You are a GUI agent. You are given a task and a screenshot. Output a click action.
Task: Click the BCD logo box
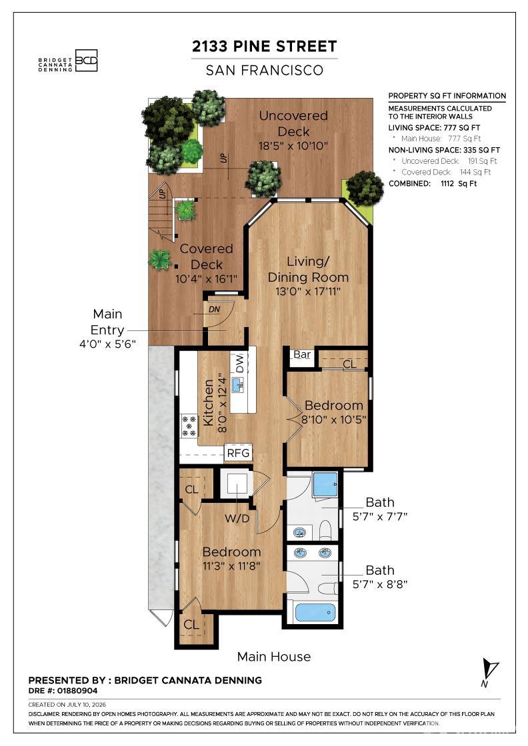(86, 61)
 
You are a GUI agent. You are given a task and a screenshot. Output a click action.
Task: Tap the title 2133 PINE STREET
(264, 47)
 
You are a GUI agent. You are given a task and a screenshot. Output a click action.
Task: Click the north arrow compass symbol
(489, 673)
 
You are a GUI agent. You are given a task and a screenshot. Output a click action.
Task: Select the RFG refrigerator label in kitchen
(238, 453)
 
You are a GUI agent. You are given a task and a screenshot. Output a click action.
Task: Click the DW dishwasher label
(239, 364)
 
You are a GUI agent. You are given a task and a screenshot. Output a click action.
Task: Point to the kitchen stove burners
(189, 426)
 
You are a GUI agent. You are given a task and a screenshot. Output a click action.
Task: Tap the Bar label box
(302, 354)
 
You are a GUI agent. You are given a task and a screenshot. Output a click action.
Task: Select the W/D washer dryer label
(237, 518)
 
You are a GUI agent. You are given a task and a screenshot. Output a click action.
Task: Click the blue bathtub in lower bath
(315, 612)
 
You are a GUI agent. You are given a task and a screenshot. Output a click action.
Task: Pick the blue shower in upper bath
(325, 484)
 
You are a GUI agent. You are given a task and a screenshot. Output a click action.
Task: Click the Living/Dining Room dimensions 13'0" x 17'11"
(308, 291)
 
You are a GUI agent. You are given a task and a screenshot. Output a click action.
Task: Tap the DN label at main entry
(214, 309)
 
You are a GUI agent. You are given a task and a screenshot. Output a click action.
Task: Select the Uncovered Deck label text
(294, 123)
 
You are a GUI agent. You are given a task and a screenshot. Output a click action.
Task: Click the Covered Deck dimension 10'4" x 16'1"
(206, 279)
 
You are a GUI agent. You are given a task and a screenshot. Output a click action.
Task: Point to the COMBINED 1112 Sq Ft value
(459, 184)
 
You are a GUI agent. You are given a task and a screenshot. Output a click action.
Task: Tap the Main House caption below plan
(274, 657)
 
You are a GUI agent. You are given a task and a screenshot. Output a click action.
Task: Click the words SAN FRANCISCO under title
(265, 71)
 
